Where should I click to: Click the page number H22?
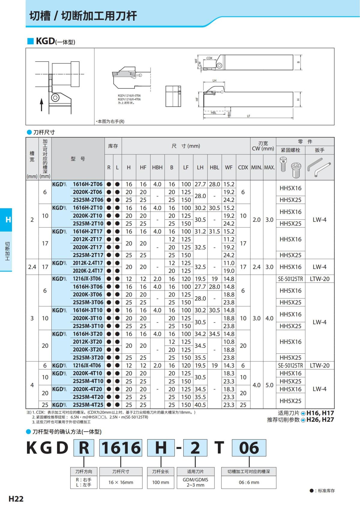16,499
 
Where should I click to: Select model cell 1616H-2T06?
88,184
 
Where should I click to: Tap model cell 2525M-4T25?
88,405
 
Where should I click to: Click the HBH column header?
157,167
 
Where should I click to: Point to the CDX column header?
243,167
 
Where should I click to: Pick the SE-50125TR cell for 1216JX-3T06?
290,279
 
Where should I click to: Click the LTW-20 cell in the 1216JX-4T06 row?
319,366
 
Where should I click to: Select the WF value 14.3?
229,366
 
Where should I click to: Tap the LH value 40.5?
200,405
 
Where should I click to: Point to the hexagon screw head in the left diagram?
55,98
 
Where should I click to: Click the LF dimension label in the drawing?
248,116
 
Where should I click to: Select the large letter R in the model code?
84,448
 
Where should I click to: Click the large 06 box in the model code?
249,448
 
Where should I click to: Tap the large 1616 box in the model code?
121,448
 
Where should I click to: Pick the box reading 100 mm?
160,482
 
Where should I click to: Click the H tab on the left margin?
8,220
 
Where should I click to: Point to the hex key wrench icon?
319,168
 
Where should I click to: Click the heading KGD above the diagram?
45,41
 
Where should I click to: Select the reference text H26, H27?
320,420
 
